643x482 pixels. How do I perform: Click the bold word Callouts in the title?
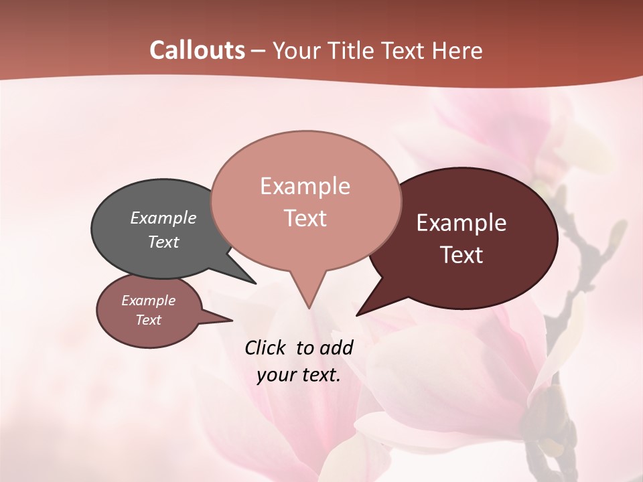pyautogui.click(x=197, y=50)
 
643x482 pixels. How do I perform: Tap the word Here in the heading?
pyautogui.click(x=459, y=50)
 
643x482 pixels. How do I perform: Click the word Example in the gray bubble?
pyautogui.click(x=163, y=218)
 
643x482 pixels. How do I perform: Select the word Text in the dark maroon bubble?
pyautogui.click(x=462, y=255)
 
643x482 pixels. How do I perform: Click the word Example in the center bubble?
pyautogui.click(x=305, y=186)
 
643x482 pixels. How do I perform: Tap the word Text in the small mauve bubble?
pyautogui.click(x=149, y=320)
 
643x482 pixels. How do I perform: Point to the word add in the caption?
pyautogui.click(x=337, y=347)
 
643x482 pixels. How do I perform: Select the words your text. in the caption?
pyautogui.click(x=299, y=375)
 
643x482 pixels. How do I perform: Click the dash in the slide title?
pyautogui.click(x=259, y=51)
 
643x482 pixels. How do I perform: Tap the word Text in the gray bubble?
pyautogui.click(x=163, y=242)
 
